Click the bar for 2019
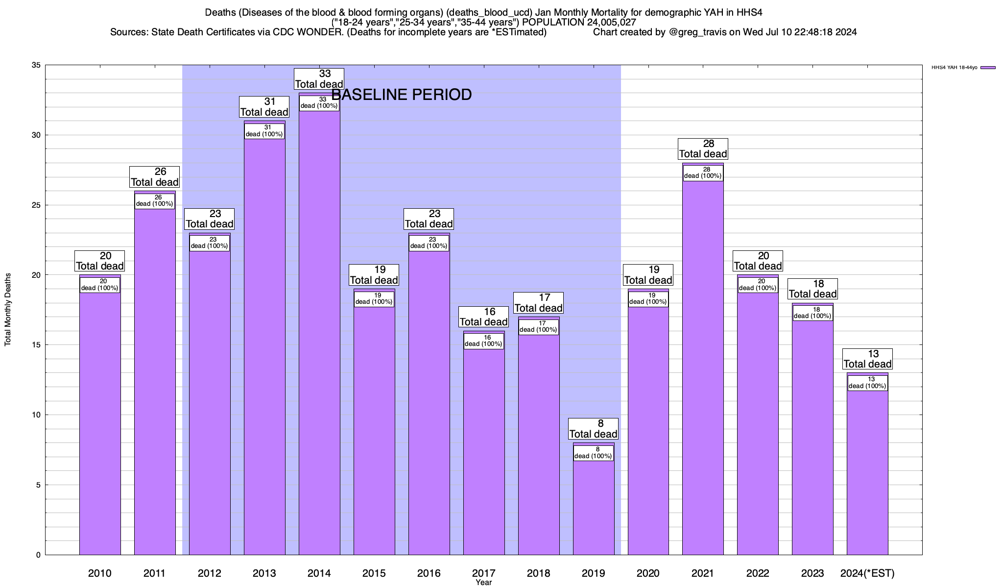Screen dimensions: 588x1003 click(x=594, y=505)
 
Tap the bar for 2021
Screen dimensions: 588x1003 click(x=703, y=367)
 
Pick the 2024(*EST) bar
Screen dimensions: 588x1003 click(x=867, y=470)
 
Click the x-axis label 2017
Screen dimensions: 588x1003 click(x=483, y=573)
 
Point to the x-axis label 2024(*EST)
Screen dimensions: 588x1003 click(x=867, y=573)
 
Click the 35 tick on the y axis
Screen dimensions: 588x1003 click(x=35, y=65)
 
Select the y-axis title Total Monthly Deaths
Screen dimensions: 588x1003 click(x=8, y=310)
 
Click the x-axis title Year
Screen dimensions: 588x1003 click(x=483, y=583)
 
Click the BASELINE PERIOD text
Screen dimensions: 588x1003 click(x=402, y=95)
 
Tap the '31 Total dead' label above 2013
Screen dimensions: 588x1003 click(x=264, y=107)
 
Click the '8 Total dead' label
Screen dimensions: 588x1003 click(x=594, y=429)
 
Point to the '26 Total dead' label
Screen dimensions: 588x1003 click(x=155, y=177)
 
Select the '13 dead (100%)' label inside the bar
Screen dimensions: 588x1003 click(x=867, y=383)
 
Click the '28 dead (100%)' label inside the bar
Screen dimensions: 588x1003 click(x=703, y=173)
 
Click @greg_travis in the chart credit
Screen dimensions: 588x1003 click(x=697, y=32)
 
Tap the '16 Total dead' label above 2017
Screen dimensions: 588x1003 click(x=483, y=317)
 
